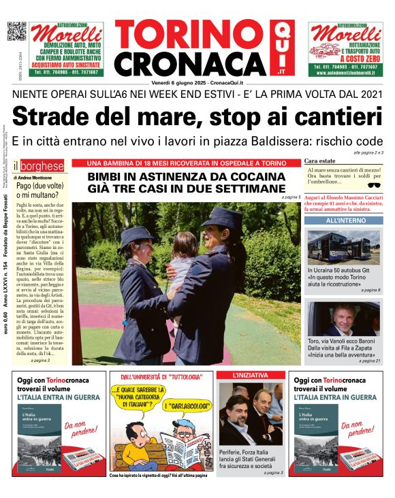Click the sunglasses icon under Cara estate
coord(373,185)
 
